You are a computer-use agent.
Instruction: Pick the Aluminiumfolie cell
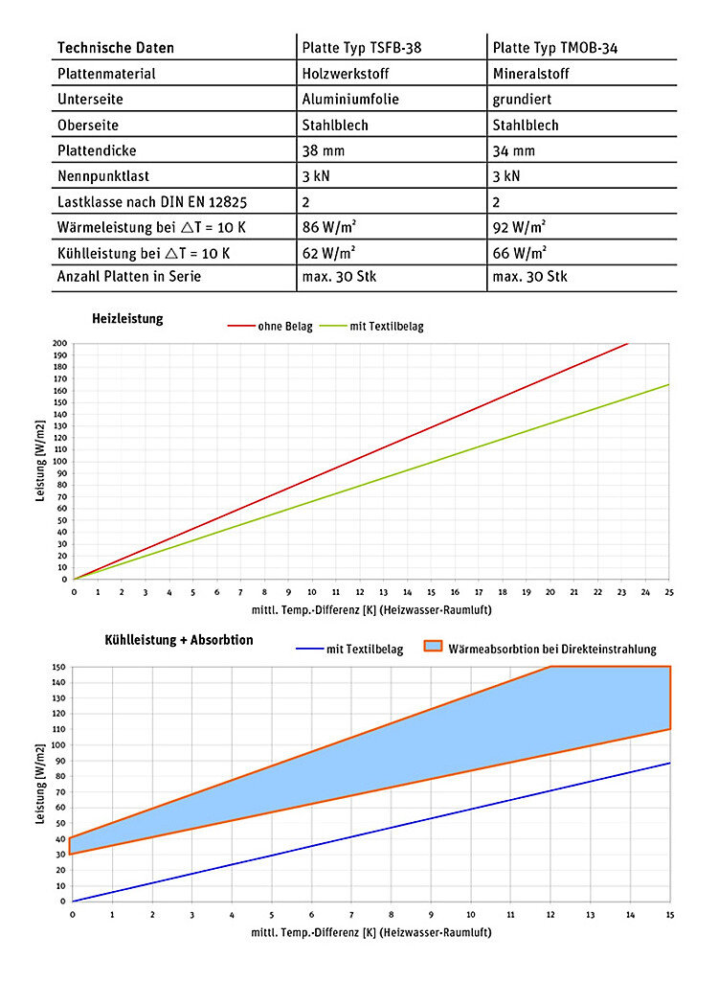coord(349,99)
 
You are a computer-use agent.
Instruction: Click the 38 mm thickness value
coord(322,150)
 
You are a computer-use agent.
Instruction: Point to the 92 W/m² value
coord(519,227)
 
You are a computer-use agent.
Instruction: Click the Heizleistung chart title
coord(127,319)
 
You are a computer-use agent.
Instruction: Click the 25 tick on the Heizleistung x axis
coord(669,592)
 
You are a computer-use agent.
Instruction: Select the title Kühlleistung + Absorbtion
coord(179,639)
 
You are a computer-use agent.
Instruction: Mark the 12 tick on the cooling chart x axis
coord(550,915)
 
